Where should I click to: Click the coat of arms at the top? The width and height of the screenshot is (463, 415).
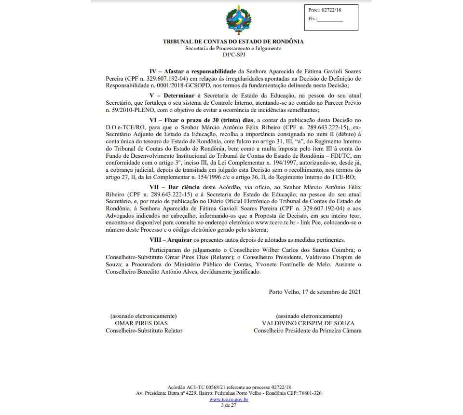pos(238,20)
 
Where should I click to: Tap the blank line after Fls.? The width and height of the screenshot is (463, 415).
pos(330,20)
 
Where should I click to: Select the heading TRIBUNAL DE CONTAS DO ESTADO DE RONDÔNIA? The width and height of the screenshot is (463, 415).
pos(233,41)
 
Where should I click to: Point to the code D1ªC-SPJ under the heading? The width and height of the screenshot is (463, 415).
pos(233,55)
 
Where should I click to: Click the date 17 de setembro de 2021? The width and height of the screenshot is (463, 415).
pos(331,292)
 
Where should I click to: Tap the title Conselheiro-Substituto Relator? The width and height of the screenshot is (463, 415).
pos(144,331)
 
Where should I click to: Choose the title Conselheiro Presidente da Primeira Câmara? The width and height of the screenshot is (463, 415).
pos(307,331)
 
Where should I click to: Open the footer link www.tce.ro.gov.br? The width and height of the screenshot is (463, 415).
pos(229,400)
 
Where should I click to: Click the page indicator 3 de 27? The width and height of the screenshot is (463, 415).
pos(228,405)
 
